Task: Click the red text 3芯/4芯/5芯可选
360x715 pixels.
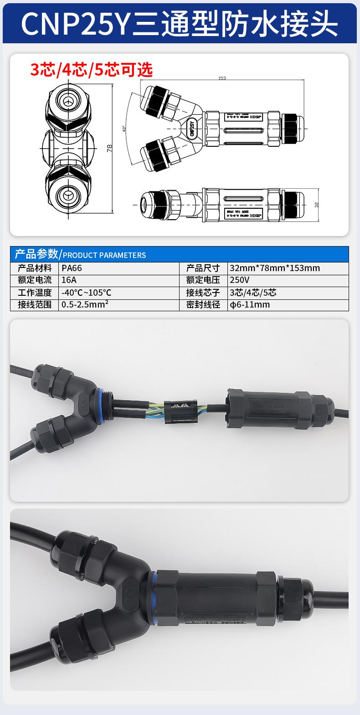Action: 91,69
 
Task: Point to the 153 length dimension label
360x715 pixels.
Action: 222,78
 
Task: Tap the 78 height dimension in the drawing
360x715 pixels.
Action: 110,148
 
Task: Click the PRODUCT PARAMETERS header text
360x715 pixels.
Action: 104,255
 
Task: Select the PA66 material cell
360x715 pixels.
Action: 72,268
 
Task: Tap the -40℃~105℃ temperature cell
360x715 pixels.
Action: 86,293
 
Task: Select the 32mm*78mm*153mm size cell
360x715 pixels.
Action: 275,268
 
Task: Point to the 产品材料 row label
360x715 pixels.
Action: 35,268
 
